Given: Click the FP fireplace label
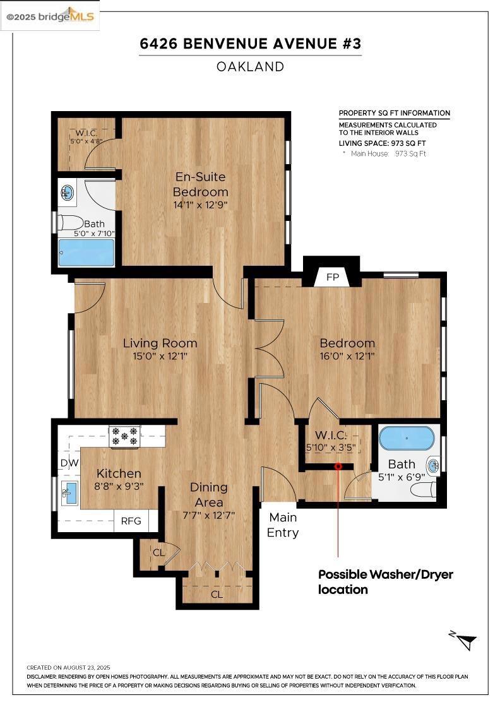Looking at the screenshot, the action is [332, 277].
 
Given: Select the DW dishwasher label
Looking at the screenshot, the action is [69, 463].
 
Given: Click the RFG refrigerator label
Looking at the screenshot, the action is [131, 521].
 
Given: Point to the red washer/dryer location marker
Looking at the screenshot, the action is [338, 466].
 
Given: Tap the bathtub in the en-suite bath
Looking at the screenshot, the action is [86, 252].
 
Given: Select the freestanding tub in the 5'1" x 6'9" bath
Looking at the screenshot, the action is [406, 438].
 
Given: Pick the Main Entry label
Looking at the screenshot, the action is [283, 525].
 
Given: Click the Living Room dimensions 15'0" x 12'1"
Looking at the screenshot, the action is [160, 356].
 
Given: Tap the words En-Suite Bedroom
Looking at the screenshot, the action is [200, 184].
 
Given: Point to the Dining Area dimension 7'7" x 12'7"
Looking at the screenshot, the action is [209, 515].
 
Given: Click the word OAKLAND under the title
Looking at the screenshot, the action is [250, 67].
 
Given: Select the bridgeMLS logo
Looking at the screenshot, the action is [50, 16].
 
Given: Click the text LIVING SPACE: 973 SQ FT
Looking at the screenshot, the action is [383, 143].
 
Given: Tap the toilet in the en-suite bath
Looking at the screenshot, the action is [71, 223].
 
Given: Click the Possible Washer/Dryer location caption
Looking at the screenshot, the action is [386, 581].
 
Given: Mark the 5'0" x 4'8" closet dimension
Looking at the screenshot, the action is [86, 141].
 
